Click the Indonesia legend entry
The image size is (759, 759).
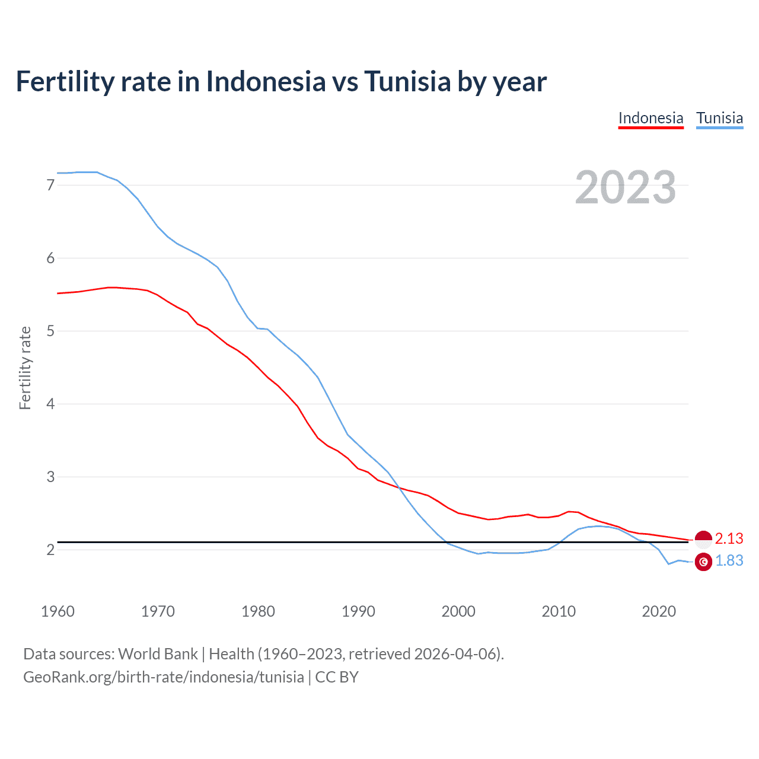650,118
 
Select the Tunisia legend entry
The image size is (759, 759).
719,118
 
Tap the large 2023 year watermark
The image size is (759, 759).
626,187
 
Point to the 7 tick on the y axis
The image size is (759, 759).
50,185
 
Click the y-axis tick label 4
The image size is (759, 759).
50,404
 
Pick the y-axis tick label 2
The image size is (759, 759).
50,550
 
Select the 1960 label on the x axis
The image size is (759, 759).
58,611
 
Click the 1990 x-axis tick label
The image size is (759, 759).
358,611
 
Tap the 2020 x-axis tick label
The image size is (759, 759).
659,611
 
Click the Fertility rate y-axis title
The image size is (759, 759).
25,368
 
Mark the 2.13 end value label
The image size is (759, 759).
729,538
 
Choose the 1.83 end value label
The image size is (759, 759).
729,560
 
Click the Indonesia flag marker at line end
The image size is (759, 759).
703,539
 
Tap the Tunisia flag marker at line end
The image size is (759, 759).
703,562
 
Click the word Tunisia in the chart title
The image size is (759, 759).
407,82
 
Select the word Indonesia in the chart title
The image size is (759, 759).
265,82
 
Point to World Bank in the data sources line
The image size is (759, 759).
158,654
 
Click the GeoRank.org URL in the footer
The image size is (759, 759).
163,677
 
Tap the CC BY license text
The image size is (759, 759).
337,677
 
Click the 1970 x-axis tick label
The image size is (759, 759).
158,611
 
